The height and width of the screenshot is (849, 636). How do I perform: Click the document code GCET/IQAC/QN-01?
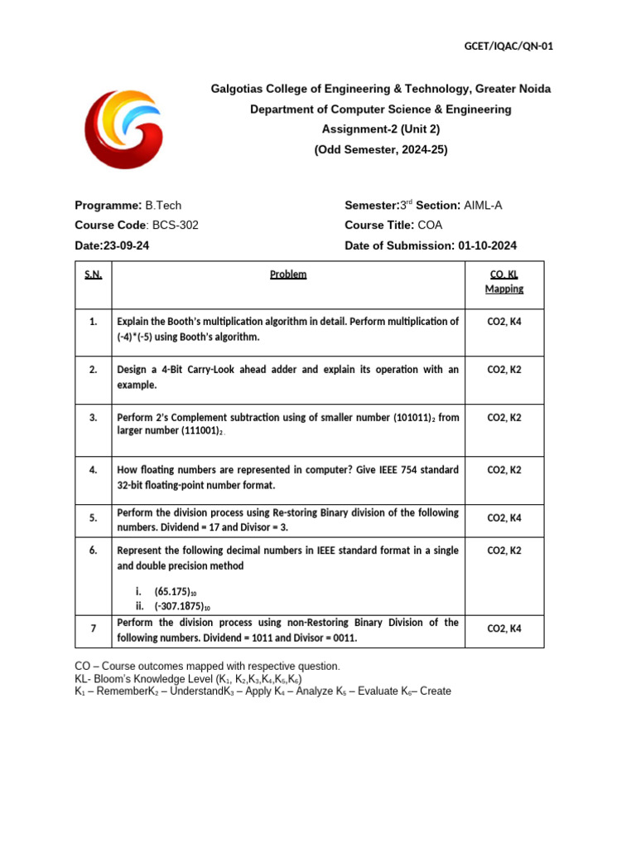[508, 46]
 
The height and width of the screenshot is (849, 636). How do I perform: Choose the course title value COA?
[431, 225]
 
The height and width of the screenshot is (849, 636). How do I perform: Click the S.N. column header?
[93, 274]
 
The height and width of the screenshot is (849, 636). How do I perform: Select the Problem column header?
[288, 274]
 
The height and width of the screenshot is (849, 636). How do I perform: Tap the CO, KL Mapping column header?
[503, 281]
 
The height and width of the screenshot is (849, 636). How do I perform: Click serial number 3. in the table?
[94, 418]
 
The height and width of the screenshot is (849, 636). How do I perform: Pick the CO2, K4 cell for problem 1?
[503, 322]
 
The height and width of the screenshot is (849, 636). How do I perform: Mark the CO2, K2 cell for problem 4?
[503, 470]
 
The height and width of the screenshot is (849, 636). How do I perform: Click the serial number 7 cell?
[94, 629]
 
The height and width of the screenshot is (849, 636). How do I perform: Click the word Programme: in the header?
[108, 205]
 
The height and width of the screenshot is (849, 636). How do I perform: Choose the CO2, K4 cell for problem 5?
[503, 518]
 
